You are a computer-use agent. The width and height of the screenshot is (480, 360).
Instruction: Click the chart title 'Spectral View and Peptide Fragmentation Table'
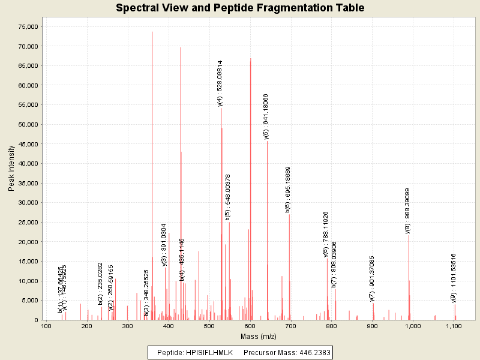point(240,8)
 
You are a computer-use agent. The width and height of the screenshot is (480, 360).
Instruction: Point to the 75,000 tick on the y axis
point(28,27)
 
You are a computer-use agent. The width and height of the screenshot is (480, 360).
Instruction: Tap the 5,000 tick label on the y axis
point(30,301)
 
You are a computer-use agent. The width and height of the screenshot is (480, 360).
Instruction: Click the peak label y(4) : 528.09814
point(220,83)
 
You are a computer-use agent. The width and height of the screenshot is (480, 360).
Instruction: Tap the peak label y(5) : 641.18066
point(266,116)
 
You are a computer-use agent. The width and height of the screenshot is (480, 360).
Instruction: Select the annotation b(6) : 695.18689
point(288,189)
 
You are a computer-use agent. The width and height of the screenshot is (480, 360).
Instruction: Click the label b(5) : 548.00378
point(228,197)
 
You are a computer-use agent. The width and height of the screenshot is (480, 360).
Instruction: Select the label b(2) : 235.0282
point(100,282)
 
